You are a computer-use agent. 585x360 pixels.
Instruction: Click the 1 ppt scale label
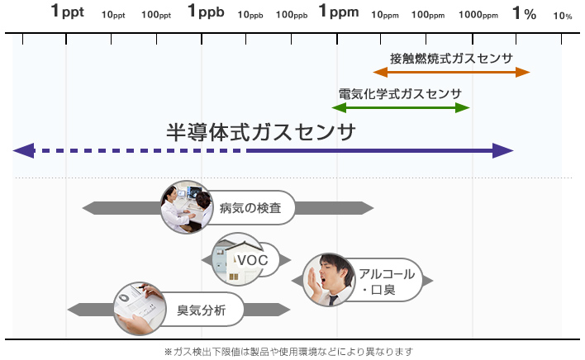pyautogui.click(x=68, y=12)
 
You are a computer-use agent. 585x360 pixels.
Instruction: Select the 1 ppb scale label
pyautogui.click(x=206, y=12)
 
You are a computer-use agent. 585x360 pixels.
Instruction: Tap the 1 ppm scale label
pyautogui.click(x=339, y=12)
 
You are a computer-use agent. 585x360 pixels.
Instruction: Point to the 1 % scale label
pyautogui.click(x=525, y=13)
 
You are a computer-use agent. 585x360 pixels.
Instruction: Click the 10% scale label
pyautogui.click(x=562, y=16)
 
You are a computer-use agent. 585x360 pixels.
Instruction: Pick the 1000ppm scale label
pyautogui.click(x=478, y=15)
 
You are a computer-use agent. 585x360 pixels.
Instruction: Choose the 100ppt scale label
pyautogui.click(x=156, y=15)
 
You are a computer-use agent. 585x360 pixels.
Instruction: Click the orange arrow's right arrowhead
pyautogui.click(x=523, y=73)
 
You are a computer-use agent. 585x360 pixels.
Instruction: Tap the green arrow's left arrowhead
pyautogui.click(x=339, y=108)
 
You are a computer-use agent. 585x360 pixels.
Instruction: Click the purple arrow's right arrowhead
pyautogui.click(x=503, y=150)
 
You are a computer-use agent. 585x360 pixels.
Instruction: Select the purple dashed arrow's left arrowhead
pyautogui.click(x=24, y=150)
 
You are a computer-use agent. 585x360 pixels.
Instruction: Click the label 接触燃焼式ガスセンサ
pyautogui.click(x=451, y=59)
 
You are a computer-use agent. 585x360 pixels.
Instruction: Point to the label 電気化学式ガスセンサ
pyautogui.click(x=400, y=94)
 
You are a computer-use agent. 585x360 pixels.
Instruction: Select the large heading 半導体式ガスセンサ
pyautogui.click(x=260, y=132)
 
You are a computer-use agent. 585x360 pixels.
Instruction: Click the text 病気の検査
pyautogui.click(x=250, y=208)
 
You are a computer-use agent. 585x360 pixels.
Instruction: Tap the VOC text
pyautogui.click(x=253, y=260)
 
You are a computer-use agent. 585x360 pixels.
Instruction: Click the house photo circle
pyautogui.click(x=238, y=259)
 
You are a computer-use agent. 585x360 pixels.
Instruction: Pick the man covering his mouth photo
pyautogui.click(x=329, y=280)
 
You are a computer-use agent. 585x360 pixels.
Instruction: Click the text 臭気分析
pyautogui.click(x=201, y=310)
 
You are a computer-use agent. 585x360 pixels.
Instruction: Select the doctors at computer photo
pyautogui.click(x=187, y=207)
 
